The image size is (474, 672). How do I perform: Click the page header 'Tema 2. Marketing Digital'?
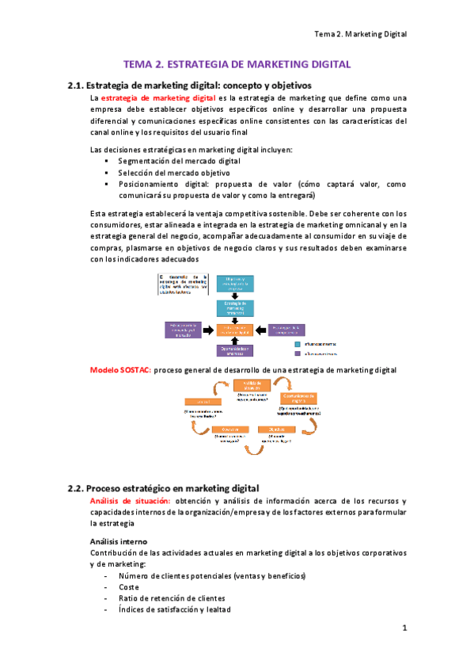360,35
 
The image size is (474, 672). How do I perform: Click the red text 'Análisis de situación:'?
131,501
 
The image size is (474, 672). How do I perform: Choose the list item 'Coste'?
128,586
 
